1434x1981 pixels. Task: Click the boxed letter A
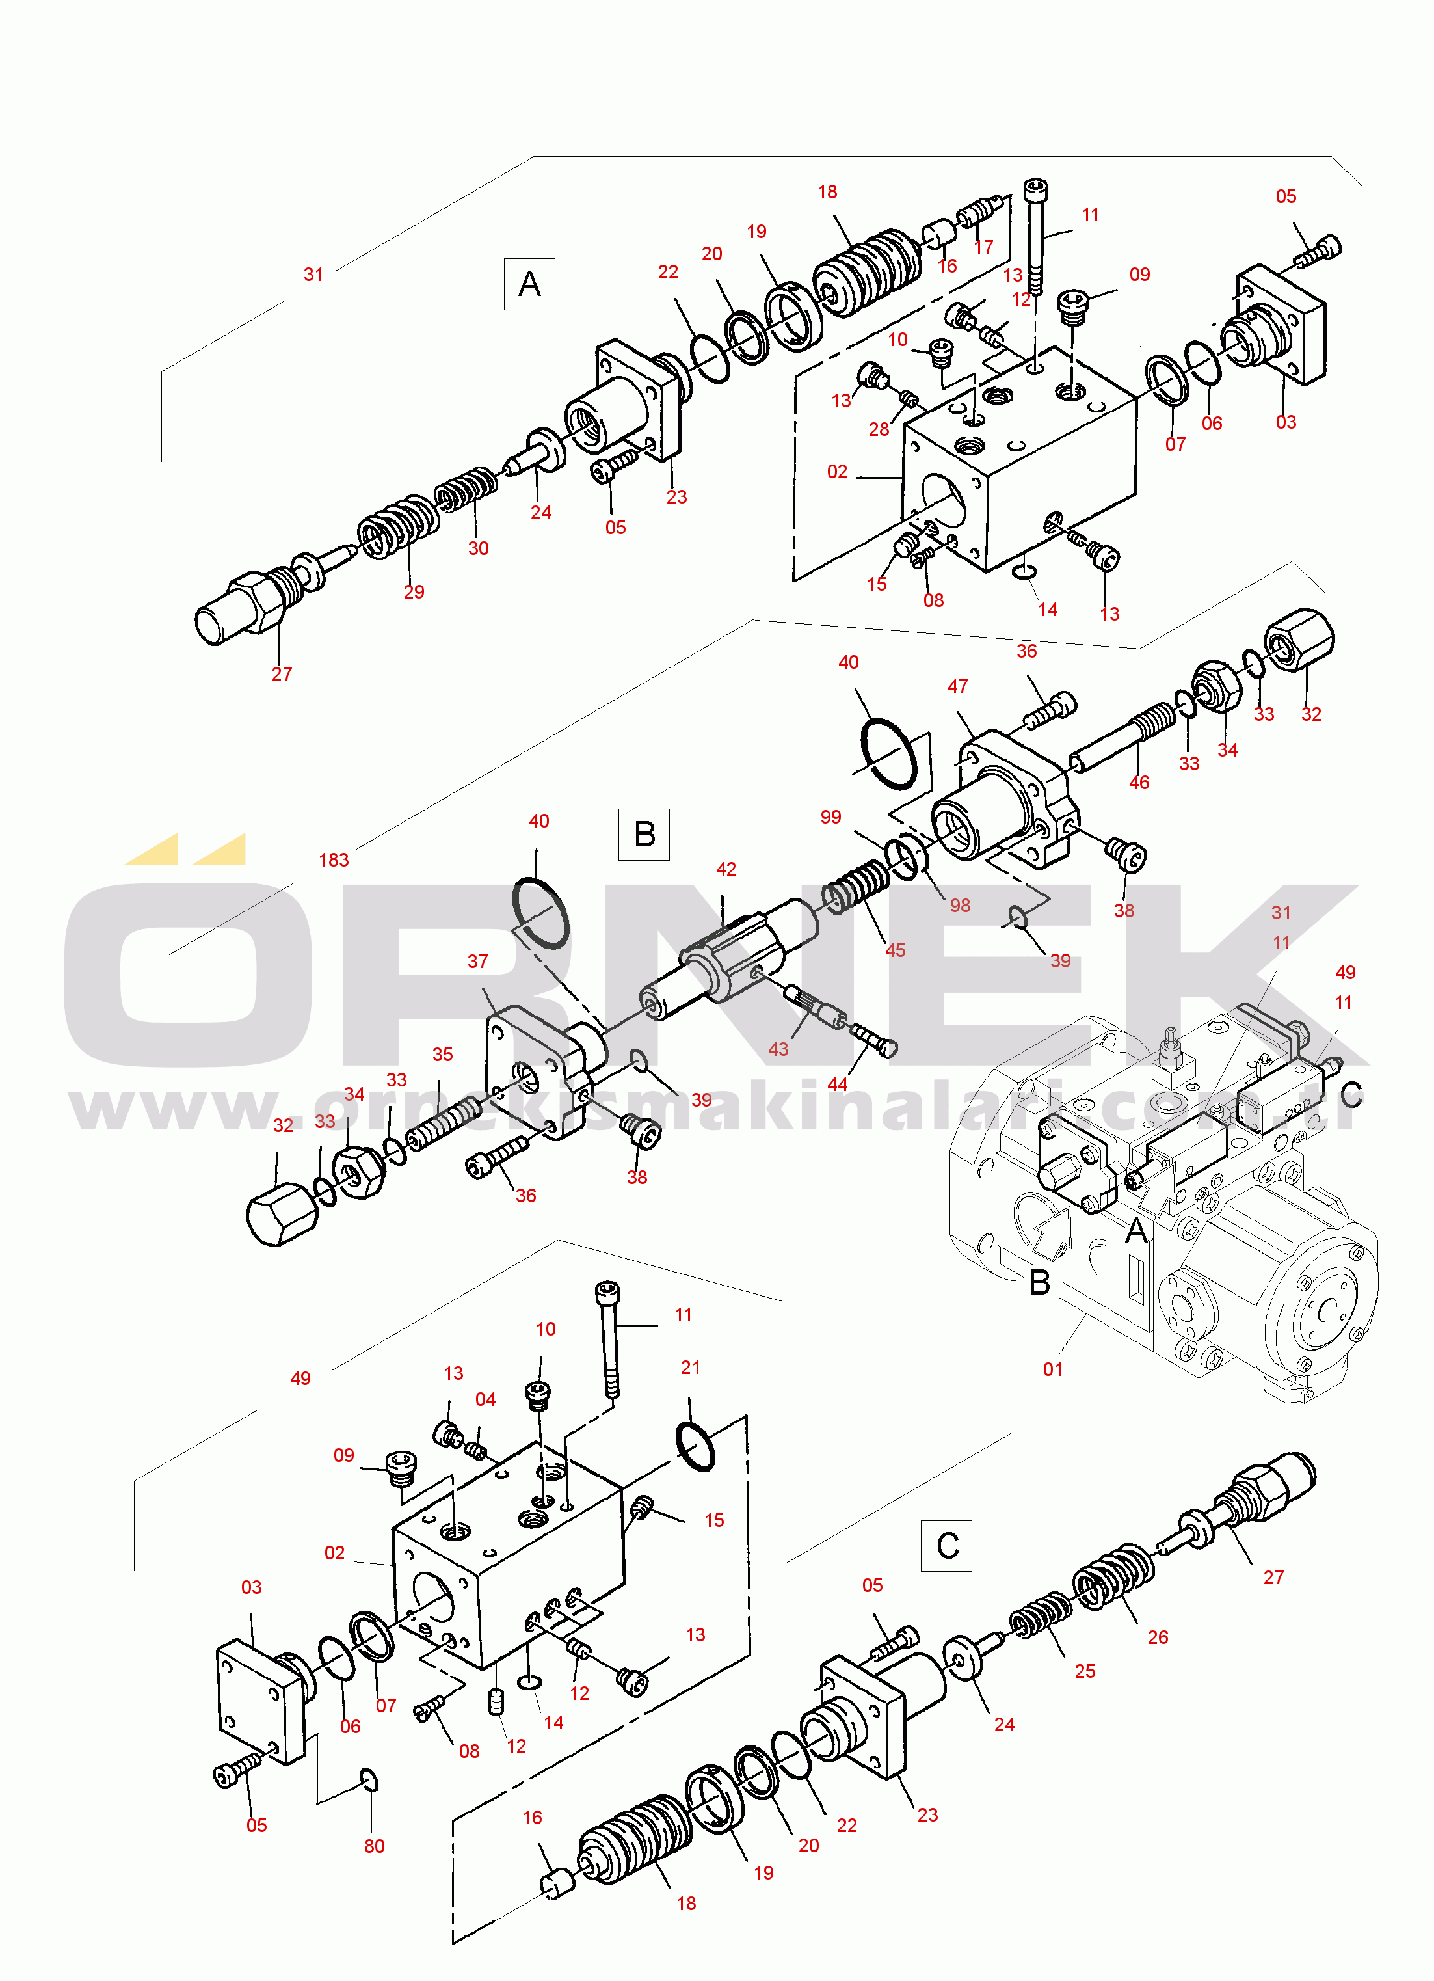click(529, 284)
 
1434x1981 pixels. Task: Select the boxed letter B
click(644, 834)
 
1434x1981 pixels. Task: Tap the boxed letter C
click(947, 1546)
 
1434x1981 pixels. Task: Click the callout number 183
click(334, 860)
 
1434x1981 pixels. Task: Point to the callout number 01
click(1054, 1369)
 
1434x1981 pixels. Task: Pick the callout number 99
click(830, 816)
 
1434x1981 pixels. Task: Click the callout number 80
click(375, 1846)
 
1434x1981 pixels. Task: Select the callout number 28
click(879, 429)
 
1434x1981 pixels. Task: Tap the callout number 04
click(486, 1399)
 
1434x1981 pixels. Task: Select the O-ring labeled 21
click(695, 1446)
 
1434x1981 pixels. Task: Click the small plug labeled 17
click(976, 213)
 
